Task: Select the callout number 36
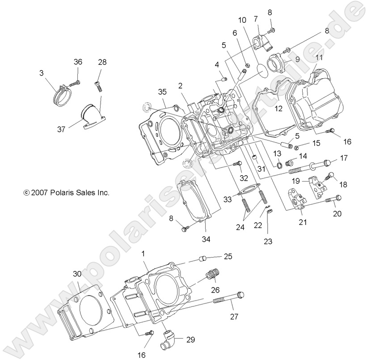point(78,63)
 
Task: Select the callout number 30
point(77,274)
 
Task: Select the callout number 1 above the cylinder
point(143,254)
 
